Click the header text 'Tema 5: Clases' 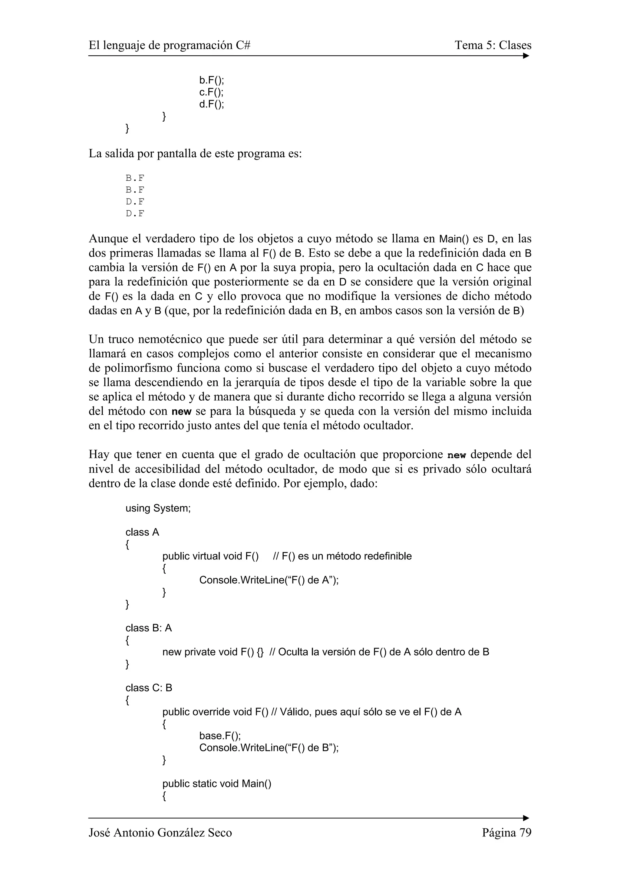coord(493,45)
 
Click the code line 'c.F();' coord(211,92)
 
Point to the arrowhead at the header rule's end coord(526,56)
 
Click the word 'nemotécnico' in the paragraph coord(167,339)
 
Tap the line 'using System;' coord(158,508)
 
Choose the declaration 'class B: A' coord(149,628)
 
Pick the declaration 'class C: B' coord(149,688)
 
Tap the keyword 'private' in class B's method coord(200,652)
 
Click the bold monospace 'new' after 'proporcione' coord(457,455)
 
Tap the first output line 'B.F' coord(135,178)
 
